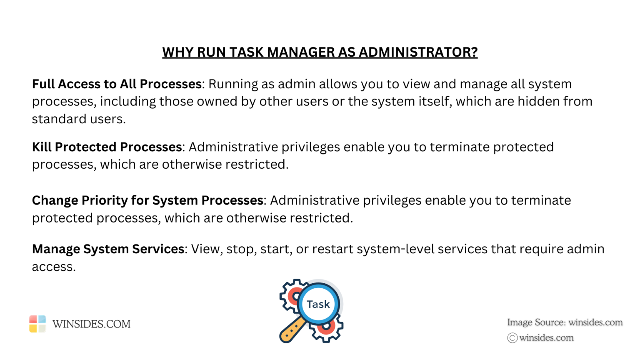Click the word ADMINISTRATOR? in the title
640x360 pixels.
[418, 52]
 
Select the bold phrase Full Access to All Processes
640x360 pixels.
[117, 84]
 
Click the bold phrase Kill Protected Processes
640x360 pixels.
[107, 147]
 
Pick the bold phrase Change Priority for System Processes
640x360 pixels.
[147, 200]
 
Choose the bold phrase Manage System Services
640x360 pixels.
[108, 249]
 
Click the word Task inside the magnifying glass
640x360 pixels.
[318, 305]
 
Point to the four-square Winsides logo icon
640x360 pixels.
[37, 324]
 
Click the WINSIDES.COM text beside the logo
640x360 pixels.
[91, 324]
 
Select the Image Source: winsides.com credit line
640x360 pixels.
[565, 322]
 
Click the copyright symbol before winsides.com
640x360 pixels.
[512, 338]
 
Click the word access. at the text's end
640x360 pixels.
[54, 267]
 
